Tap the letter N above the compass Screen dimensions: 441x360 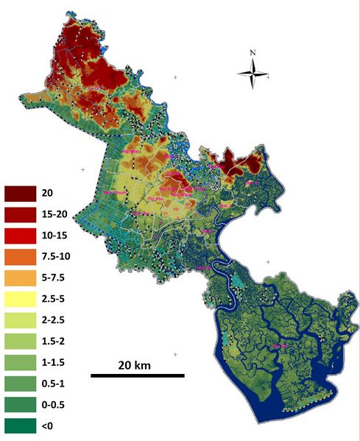tap(252, 53)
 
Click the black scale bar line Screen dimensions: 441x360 tap(137, 375)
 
